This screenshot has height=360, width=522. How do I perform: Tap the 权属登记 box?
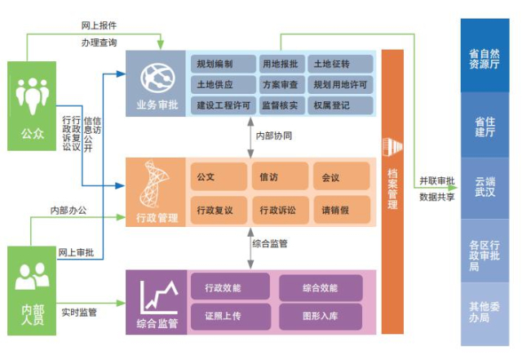pyautogui.click(x=342, y=105)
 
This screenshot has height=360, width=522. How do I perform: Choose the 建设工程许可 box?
pyautogui.click(x=222, y=105)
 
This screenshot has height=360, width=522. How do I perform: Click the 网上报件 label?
pyautogui.click(x=97, y=26)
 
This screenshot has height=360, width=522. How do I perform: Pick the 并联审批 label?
pyautogui.click(x=437, y=181)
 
